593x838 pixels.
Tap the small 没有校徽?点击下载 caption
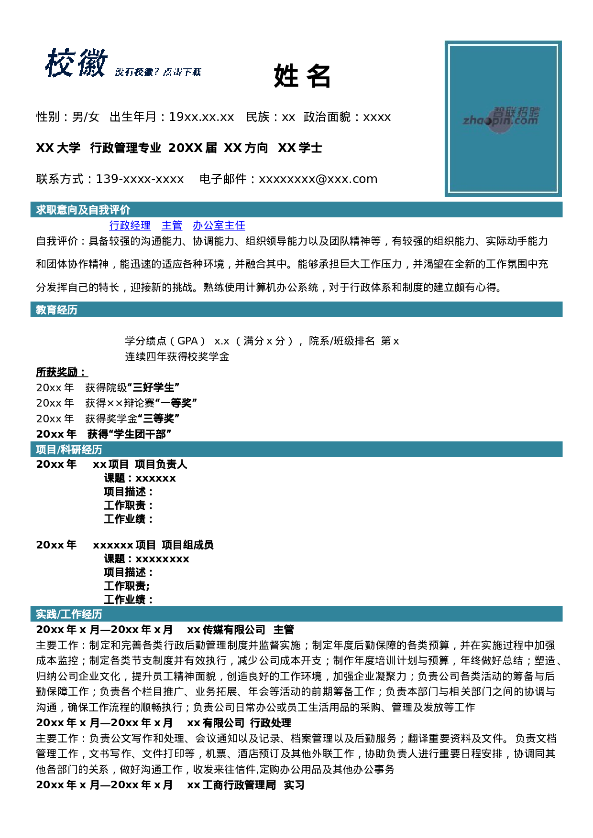[x=158, y=72]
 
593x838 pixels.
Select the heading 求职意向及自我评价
[x=83, y=210]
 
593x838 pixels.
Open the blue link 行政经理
[x=130, y=226]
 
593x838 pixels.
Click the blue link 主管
[x=172, y=226]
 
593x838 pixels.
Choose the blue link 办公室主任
[x=219, y=226]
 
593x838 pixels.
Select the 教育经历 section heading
[x=56, y=310]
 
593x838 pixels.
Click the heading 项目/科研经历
[x=69, y=450]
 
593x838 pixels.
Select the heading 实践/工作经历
[x=69, y=614]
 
